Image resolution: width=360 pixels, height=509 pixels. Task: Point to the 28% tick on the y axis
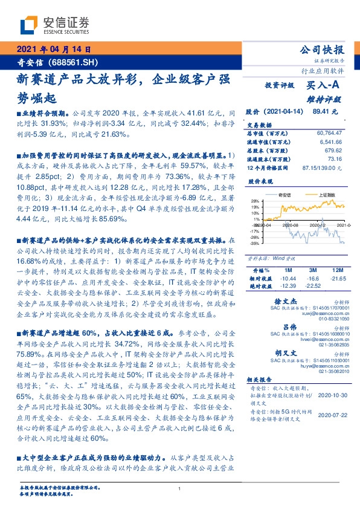[x=255, y=201]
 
